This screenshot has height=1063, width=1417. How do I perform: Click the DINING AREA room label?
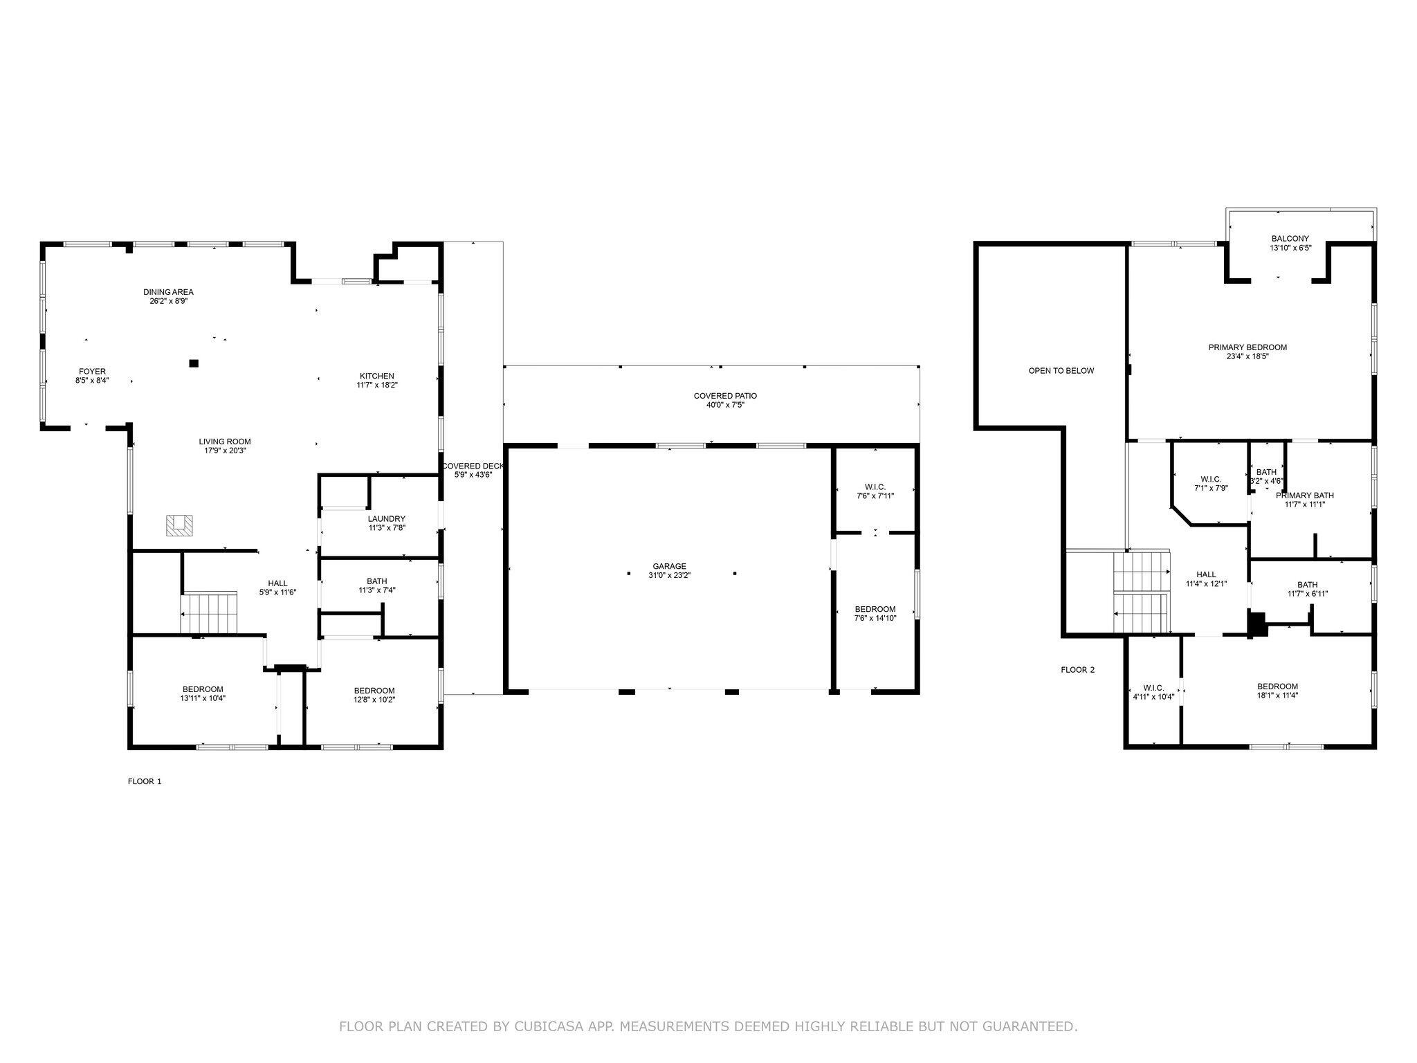[x=168, y=292]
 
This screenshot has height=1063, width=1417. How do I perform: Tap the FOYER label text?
[x=92, y=372]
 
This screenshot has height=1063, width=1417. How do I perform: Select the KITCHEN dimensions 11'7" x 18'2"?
[x=376, y=385]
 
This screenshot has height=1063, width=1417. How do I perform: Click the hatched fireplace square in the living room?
[x=179, y=525]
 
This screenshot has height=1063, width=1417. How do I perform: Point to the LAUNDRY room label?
[x=386, y=519]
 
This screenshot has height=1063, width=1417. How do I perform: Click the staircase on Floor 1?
[x=209, y=612]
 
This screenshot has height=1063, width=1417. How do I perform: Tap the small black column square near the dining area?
[x=194, y=363]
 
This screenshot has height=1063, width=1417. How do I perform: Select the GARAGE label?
[x=669, y=566]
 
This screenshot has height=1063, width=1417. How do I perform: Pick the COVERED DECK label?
[x=473, y=466]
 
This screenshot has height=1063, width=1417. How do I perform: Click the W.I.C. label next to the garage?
[x=875, y=487]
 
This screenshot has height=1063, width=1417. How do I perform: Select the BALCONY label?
[x=1290, y=238]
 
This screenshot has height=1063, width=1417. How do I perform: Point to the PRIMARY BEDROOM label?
[x=1247, y=347]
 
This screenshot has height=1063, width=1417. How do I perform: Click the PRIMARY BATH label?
[x=1304, y=496]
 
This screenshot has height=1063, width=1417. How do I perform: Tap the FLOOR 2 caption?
[x=1077, y=670]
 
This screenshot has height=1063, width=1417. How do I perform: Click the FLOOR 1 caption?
[x=145, y=781]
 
